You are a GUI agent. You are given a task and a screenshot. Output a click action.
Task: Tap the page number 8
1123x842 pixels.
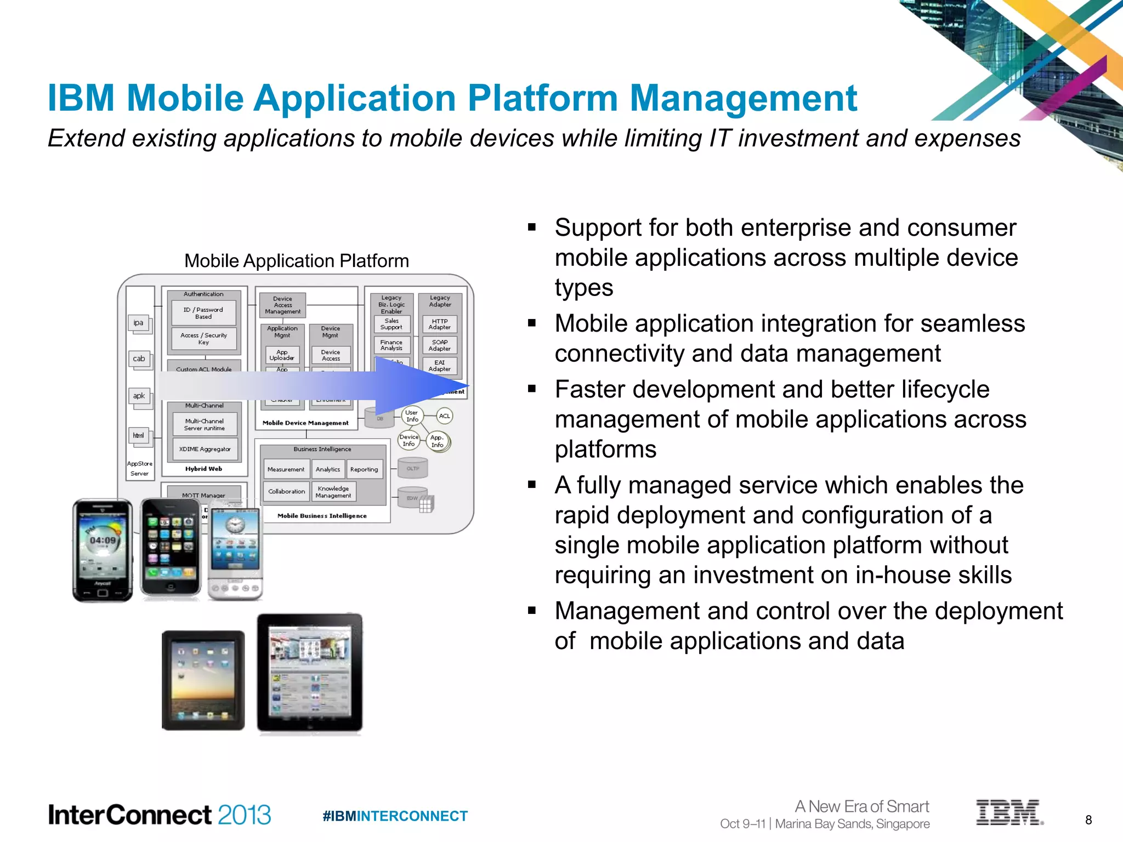tap(1088, 820)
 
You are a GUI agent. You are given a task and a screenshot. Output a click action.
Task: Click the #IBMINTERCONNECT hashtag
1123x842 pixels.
tap(395, 816)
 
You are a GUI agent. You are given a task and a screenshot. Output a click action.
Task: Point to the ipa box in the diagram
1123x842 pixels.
tap(138, 323)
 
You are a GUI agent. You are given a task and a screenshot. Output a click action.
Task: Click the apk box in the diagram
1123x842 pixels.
tap(139, 396)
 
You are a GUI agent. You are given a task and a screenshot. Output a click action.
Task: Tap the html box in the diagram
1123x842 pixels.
tap(138, 436)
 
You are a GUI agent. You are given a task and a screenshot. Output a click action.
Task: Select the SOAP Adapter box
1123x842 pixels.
tap(440, 345)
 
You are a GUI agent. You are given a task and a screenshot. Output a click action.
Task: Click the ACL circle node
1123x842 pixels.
tap(444, 416)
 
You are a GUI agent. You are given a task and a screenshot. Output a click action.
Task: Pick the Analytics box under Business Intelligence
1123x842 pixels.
tap(328, 469)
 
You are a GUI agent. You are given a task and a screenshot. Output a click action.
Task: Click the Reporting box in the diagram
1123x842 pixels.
tap(364, 469)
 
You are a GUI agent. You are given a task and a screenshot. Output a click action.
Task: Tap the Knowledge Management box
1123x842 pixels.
tap(333, 492)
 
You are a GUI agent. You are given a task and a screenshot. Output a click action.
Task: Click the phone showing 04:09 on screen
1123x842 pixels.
tap(103, 550)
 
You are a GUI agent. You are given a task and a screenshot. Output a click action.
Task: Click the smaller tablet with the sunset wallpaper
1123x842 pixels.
tap(203, 680)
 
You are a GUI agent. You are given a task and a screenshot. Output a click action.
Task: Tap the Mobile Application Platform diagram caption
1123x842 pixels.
tap(296, 261)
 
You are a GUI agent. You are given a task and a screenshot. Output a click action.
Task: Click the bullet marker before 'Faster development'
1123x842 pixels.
tap(531, 389)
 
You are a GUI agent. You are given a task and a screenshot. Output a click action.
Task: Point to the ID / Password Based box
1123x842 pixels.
tap(203, 313)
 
